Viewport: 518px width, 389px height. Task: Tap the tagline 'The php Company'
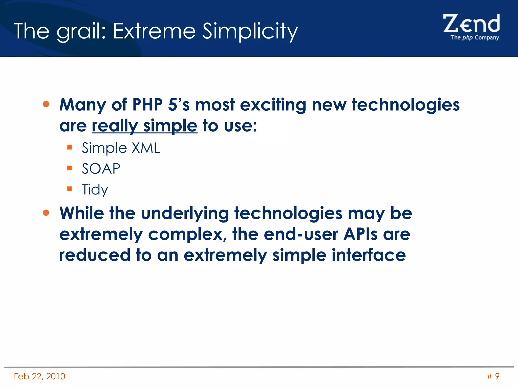point(474,37)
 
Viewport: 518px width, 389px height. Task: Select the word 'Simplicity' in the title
point(250,31)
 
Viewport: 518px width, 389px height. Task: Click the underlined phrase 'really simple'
point(144,126)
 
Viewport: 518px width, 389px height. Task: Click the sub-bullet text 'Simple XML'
point(121,148)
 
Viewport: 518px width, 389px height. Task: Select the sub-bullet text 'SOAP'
point(101,169)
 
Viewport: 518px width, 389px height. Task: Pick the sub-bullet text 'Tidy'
point(95,189)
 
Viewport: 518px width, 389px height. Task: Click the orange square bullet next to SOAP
point(69,168)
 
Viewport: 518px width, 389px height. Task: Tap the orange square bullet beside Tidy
point(69,189)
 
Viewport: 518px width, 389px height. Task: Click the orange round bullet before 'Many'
point(46,104)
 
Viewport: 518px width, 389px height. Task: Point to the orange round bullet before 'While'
point(46,213)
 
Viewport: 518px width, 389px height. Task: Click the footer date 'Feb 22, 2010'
point(39,376)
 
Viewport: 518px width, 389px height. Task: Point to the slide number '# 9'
point(493,376)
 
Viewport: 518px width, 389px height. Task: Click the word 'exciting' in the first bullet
point(273,105)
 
